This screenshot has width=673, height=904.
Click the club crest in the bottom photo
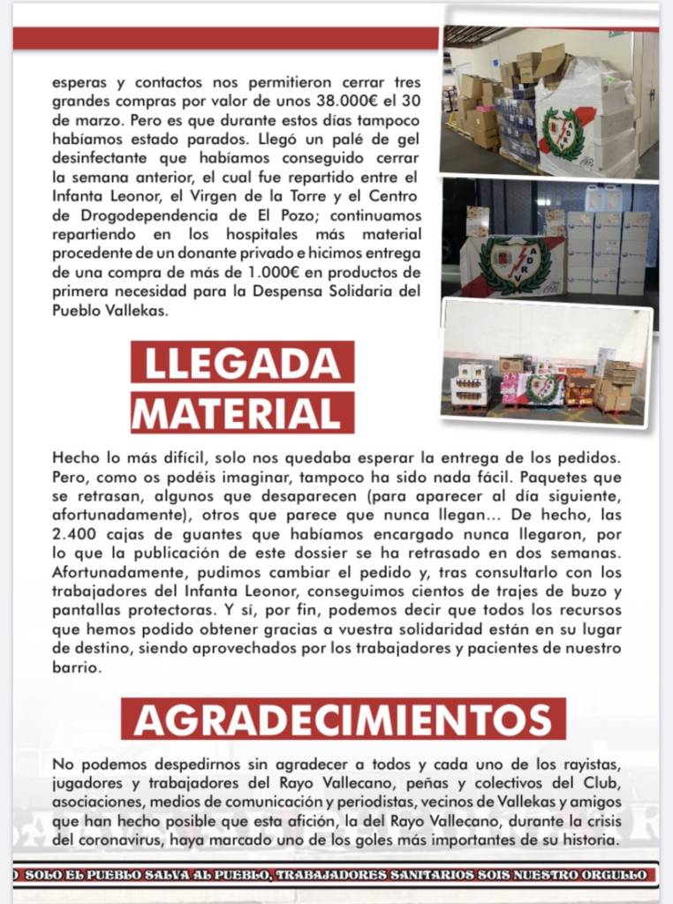click(x=542, y=388)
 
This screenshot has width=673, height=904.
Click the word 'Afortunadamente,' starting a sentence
click(x=109, y=571)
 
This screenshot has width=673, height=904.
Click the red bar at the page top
click(x=225, y=38)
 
